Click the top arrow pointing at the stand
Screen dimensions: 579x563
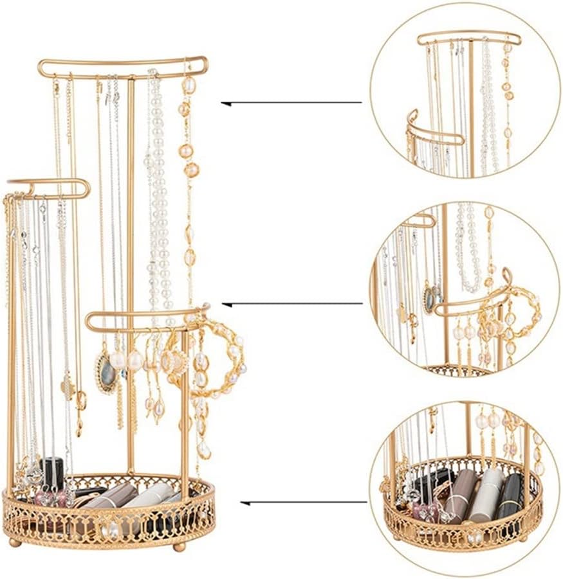click(291, 103)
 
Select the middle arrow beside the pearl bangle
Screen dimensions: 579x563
click(291, 303)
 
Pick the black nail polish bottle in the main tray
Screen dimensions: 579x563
click(51, 472)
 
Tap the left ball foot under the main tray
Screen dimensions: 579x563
click(14, 542)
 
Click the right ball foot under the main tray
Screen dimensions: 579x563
click(180, 546)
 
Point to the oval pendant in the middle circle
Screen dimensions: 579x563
click(429, 299)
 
